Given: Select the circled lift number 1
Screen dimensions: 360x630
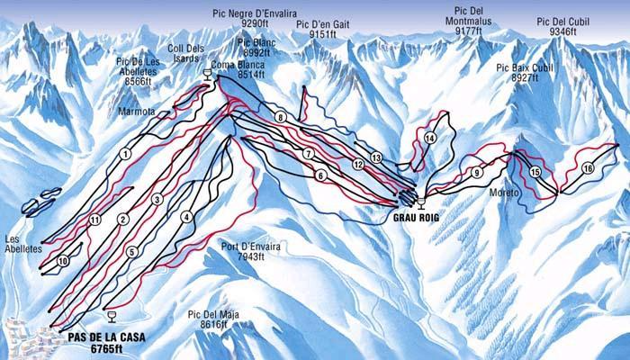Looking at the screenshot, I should pos(124,154).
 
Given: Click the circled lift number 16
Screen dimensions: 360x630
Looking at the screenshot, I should pos(588,168).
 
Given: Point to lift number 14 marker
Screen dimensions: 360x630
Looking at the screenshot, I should pos(430,138).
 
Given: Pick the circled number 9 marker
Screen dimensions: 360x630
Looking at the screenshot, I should pos(475,172).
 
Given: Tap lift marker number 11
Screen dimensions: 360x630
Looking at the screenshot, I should pos(94,220).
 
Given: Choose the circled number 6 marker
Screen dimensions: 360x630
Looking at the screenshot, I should pos(319,176).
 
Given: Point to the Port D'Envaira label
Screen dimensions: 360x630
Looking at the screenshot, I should pos(243,250).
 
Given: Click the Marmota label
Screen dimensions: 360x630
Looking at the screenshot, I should pos(137,112).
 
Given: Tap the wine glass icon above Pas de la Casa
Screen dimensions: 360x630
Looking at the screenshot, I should pos(111,315).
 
